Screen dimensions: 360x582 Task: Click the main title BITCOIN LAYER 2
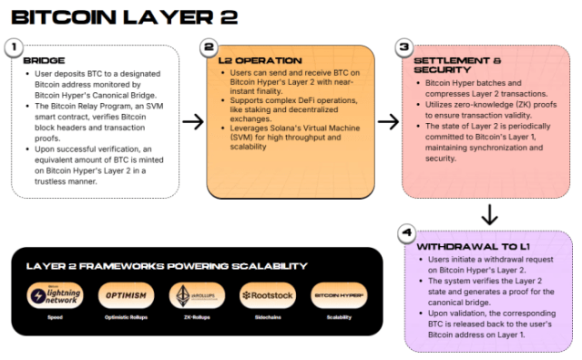[125, 16]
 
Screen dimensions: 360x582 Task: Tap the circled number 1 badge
[14, 46]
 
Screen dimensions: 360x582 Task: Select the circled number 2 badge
[209, 46]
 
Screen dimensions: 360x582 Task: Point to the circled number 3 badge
[403, 46]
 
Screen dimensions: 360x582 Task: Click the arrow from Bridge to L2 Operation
[192, 120]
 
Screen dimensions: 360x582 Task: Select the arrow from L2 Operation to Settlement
[388, 120]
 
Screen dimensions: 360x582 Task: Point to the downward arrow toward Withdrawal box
[488, 215]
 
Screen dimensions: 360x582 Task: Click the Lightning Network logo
[56, 295]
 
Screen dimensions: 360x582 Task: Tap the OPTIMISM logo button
[121, 295]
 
